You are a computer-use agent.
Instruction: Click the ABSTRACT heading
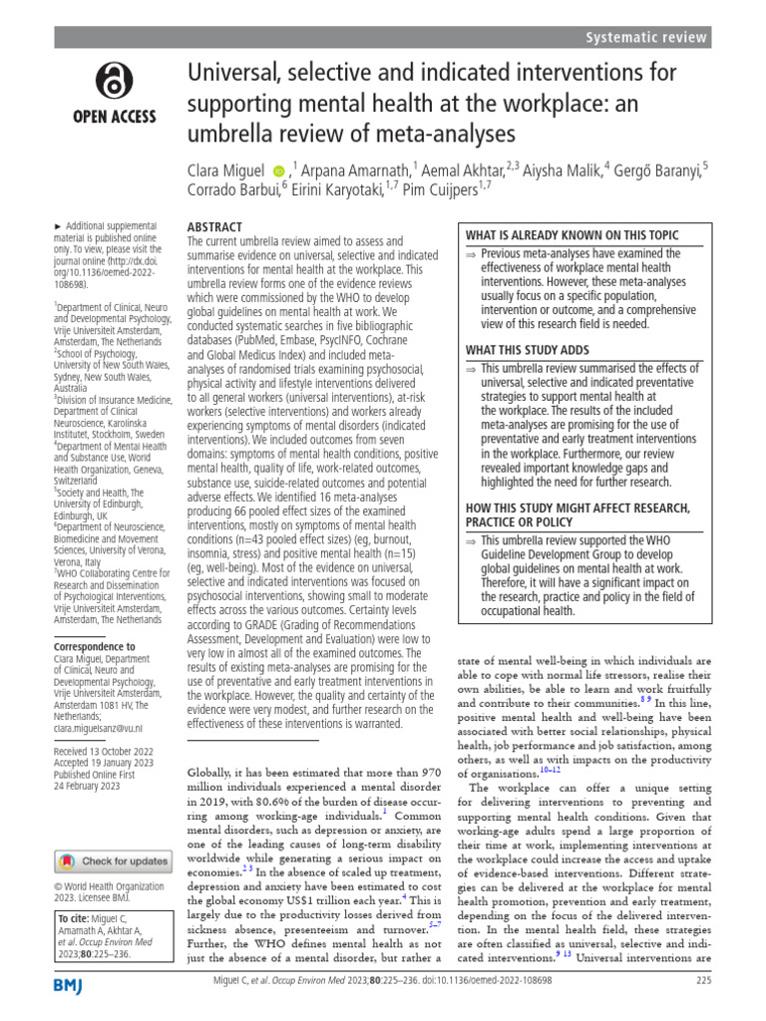tap(214, 227)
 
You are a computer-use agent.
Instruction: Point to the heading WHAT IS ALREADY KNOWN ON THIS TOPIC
tap(573, 235)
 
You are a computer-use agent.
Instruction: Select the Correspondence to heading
tap(95, 647)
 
